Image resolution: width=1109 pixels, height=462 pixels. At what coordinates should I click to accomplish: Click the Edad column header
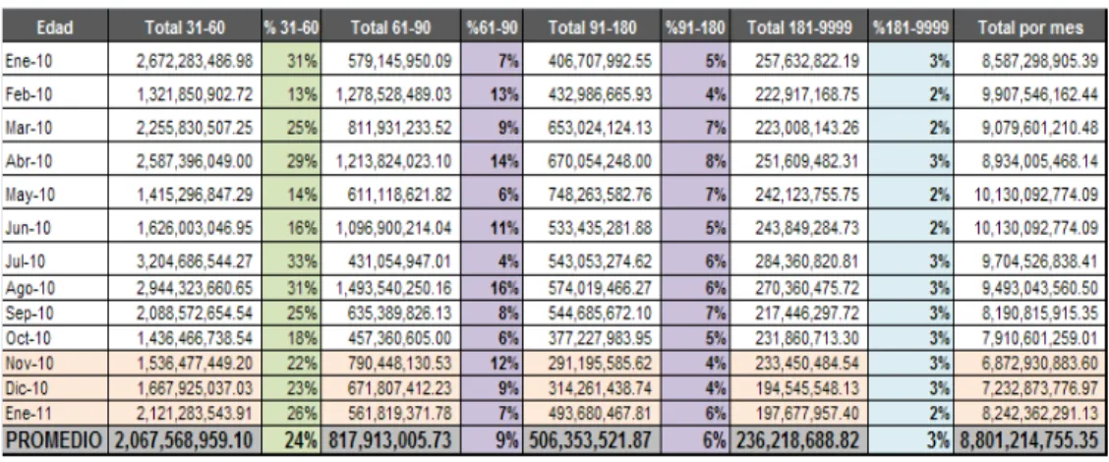tap(55, 28)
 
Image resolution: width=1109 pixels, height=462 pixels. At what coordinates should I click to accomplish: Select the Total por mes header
tap(1029, 28)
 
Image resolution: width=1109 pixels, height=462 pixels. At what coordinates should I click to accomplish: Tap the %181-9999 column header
tap(911, 28)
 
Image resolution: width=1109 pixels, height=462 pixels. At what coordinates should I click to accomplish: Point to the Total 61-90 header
tap(390, 28)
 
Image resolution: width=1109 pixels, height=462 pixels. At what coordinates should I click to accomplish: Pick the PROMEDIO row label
tap(54, 440)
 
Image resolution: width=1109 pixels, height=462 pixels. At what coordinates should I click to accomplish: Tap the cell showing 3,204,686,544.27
tap(195, 261)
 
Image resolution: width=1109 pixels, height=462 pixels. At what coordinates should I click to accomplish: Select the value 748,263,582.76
tap(600, 193)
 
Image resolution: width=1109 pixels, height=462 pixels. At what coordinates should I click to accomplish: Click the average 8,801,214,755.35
tap(1031, 440)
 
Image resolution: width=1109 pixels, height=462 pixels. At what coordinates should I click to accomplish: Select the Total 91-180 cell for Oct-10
tap(600, 337)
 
